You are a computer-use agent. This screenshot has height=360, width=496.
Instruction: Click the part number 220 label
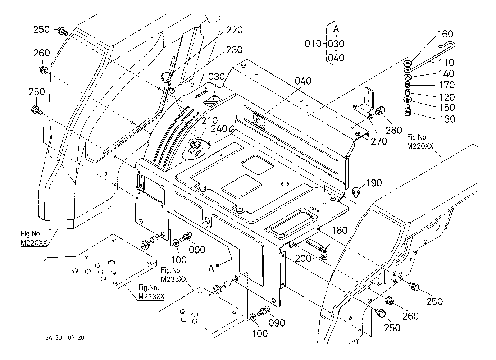coord(235,30)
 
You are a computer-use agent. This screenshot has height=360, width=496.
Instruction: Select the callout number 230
coord(234,50)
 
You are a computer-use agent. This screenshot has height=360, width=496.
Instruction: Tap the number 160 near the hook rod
coord(445,34)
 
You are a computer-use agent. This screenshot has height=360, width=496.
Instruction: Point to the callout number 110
coord(446,62)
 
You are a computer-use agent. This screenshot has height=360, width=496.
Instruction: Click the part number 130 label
coord(447,119)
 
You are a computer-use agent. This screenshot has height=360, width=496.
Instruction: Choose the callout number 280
coord(394,130)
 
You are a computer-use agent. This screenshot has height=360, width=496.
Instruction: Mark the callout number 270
coord(379,141)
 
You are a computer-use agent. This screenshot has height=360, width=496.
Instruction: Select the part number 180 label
coord(339,230)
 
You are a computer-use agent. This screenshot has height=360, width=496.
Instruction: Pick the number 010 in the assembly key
coord(313,44)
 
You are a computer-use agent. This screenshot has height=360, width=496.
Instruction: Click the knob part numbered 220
coord(166,77)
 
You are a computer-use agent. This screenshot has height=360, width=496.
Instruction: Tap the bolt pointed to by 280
coord(379,112)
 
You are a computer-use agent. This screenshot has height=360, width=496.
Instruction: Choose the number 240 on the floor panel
coord(219,128)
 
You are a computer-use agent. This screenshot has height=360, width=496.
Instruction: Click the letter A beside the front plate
coord(211,267)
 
